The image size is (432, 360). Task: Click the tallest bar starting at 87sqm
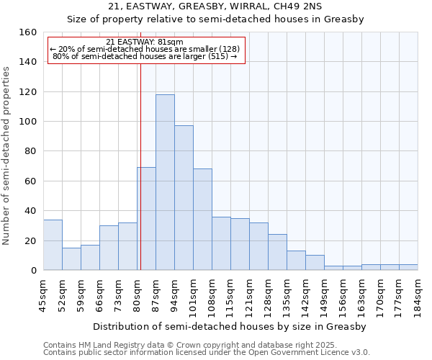tap(165, 182)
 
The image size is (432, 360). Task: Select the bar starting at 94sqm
tap(184, 198)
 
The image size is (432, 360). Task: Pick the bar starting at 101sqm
tap(202, 220)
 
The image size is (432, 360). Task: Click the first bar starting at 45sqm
tap(53, 245)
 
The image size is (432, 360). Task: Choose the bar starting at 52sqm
tap(71, 259)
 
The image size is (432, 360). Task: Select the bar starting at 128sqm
tap(277, 252)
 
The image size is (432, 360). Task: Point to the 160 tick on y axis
tap(28, 32)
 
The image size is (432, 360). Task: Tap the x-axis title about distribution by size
tap(230, 326)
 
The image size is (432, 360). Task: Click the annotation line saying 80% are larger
tap(145, 56)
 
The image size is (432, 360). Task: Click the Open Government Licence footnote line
tap(207, 353)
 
